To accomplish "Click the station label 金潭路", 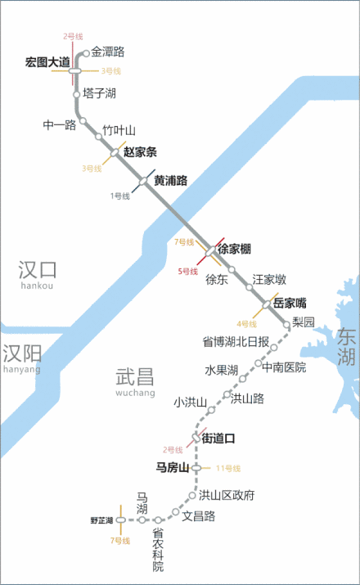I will click(x=108, y=52).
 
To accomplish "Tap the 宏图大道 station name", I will click(x=47, y=62).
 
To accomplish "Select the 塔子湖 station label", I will click(x=99, y=93).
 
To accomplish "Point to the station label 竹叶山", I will click(x=119, y=131).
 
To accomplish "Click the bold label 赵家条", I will click(x=140, y=152).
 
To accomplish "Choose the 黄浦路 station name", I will click(x=171, y=181).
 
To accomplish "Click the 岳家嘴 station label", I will click(x=290, y=303).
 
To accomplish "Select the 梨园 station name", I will click(x=304, y=322).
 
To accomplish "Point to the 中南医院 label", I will click(x=284, y=367).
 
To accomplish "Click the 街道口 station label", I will click(x=218, y=439).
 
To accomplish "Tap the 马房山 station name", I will click(x=173, y=468).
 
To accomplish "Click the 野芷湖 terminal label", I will click(x=101, y=520).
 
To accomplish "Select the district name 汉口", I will click(x=38, y=269).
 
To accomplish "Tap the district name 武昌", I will click(x=135, y=377).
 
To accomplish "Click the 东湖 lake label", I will click(x=347, y=347).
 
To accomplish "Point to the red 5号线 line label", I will click(x=188, y=271).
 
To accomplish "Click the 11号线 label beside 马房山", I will click(x=227, y=468).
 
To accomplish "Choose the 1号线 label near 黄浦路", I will click(x=120, y=196).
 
